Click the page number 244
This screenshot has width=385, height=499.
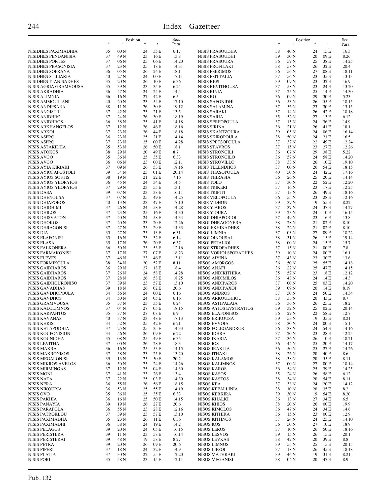pyautogui.click(x=33, y=26)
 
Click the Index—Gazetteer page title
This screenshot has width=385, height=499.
pyautogui.click(x=191, y=26)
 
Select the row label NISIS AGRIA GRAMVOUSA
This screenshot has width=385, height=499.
pyautogui.click(x=56, y=86)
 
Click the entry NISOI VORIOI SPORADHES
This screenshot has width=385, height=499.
pyautogui.click(x=225, y=253)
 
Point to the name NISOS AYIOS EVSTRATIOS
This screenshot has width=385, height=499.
pyautogui.click(x=225, y=308)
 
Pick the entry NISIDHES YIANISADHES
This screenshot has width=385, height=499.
pyautogui.click(x=53, y=81)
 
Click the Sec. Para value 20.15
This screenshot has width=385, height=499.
pyautogui.click(x=348, y=444)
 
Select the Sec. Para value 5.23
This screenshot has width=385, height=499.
pyautogui.click(x=346, y=97)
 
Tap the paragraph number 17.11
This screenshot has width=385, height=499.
pyautogui.click(x=178, y=76)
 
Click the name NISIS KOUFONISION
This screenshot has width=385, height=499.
pyautogui.click(x=49, y=333)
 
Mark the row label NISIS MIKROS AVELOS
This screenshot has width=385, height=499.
pyautogui.click(x=52, y=364)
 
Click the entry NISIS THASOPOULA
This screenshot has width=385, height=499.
pyautogui.click(x=218, y=172)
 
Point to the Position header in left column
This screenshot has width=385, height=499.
pyautogui.click(x=133, y=40)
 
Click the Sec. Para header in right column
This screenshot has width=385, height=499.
pyautogui.click(x=345, y=42)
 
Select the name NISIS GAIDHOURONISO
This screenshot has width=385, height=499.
pyautogui.click(x=53, y=283)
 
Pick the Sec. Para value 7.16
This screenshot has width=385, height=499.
pyautogui.click(x=177, y=177)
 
